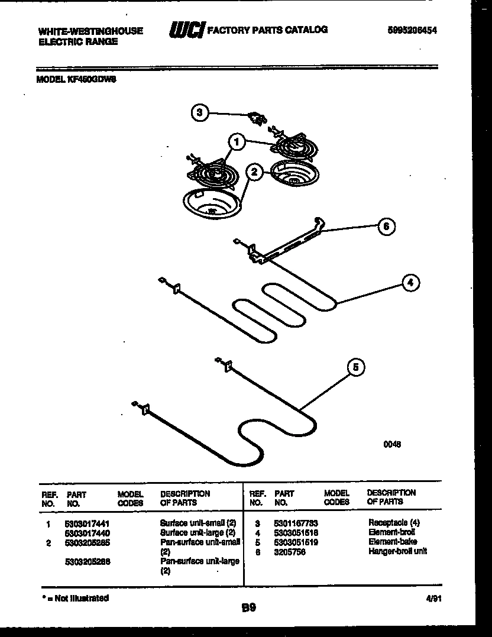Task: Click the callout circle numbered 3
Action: (200, 112)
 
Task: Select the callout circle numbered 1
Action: (237, 142)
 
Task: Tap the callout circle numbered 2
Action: (254, 172)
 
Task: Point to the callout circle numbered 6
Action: (386, 226)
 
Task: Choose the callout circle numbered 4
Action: (410, 283)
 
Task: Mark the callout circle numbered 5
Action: (355, 367)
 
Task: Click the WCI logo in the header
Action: (187, 30)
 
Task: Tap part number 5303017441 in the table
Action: (87, 523)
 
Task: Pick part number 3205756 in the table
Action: (289, 552)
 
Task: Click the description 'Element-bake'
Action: (393, 542)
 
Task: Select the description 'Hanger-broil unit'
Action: (397, 551)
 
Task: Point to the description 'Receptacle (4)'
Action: (394, 523)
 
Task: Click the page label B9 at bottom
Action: (248, 607)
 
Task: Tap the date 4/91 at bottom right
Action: (433, 599)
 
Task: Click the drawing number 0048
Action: (392, 445)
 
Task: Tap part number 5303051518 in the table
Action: (296, 532)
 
